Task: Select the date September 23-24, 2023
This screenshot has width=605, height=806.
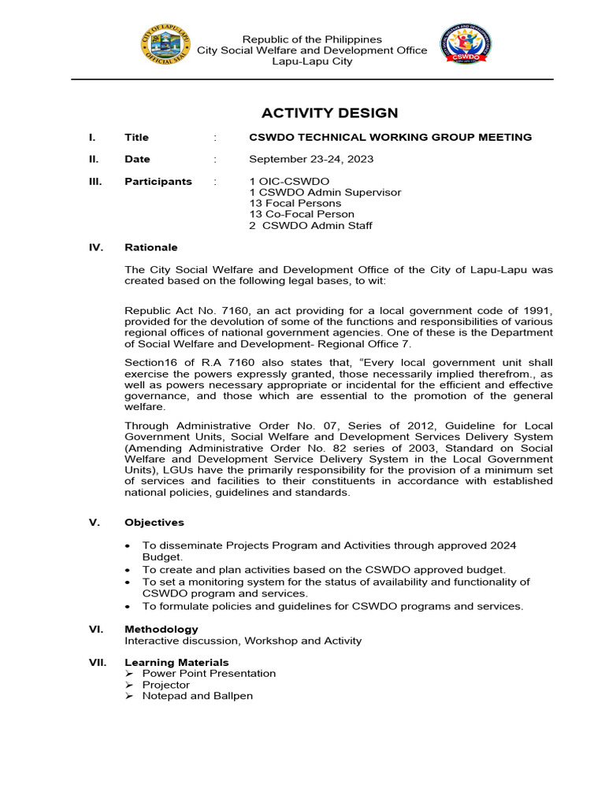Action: tap(311, 159)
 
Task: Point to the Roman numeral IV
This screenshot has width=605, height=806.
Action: tap(96, 247)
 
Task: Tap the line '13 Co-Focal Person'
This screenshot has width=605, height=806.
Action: tap(302, 214)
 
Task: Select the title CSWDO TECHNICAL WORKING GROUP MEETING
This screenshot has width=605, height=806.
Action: tap(390, 137)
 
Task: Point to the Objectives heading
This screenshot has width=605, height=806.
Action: tap(154, 522)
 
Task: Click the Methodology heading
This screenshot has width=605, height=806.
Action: tap(161, 629)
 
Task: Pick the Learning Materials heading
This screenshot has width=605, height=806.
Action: tap(176, 662)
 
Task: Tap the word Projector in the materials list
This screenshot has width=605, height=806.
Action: tap(166, 685)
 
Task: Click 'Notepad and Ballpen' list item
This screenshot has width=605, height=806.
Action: tap(198, 696)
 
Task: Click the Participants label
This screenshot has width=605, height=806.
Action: tap(158, 181)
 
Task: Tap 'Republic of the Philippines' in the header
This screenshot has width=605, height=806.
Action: tap(312, 39)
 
